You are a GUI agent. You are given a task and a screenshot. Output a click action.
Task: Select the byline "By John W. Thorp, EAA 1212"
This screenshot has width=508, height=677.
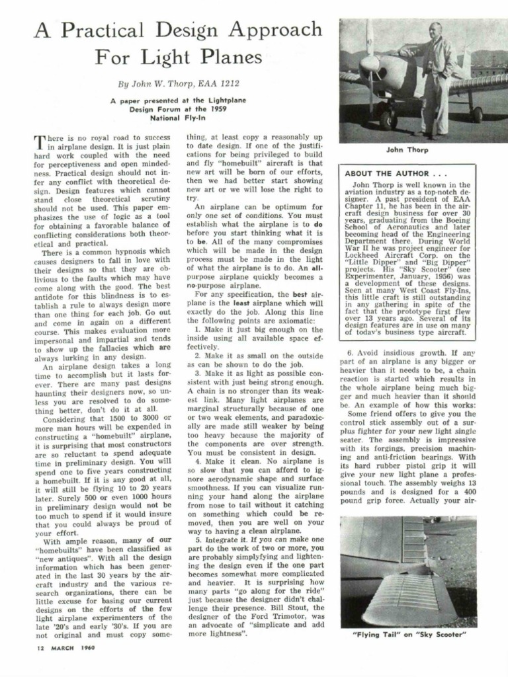tap(179, 84)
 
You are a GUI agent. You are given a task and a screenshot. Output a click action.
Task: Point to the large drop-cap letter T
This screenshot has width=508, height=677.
tap(40, 141)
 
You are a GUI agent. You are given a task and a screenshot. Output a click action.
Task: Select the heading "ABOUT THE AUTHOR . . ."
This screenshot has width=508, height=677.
tap(388, 173)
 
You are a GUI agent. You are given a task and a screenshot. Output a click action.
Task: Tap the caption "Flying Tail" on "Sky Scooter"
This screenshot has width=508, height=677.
tap(407, 635)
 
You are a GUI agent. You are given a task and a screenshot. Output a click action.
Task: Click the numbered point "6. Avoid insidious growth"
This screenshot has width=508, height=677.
tap(405, 353)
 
